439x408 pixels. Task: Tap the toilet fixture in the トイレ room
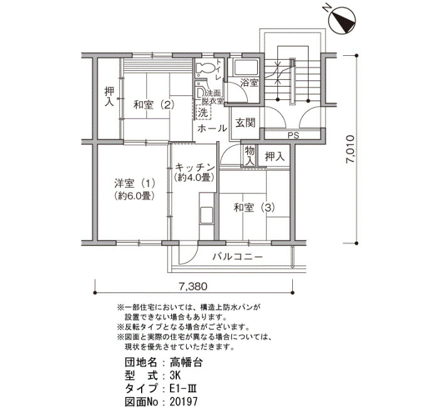[205, 68]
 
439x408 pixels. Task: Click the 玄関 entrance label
[245, 123]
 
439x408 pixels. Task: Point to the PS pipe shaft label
[293, 136]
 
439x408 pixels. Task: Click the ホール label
[212, 129]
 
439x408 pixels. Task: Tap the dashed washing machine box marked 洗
[203, 112]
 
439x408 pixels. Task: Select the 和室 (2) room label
[154, 105]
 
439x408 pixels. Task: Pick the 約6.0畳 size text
[135, 196]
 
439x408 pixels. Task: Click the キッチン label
[194, 168]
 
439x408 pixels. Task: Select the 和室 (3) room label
[254, 208]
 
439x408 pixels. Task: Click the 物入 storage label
[250, 156]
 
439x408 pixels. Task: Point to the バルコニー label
[238, 257]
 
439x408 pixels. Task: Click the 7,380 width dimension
[193, 286]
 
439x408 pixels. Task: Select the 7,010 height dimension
[350, 149]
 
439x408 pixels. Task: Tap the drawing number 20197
[183, 401]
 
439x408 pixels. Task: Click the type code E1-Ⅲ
[183, 389]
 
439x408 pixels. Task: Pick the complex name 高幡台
[186, 363]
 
